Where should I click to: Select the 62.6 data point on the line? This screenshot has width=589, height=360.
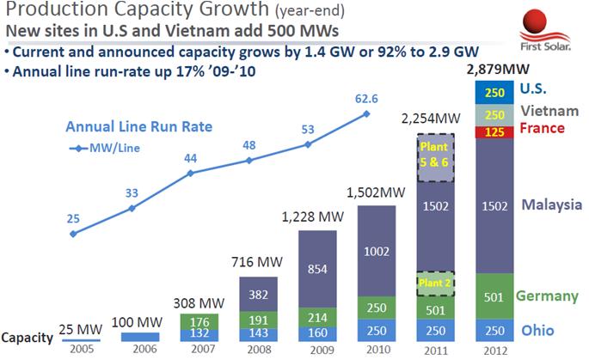(367, 114)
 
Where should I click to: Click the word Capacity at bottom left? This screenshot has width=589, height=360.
(29, 337)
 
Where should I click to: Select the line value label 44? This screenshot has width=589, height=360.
(191, 157)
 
